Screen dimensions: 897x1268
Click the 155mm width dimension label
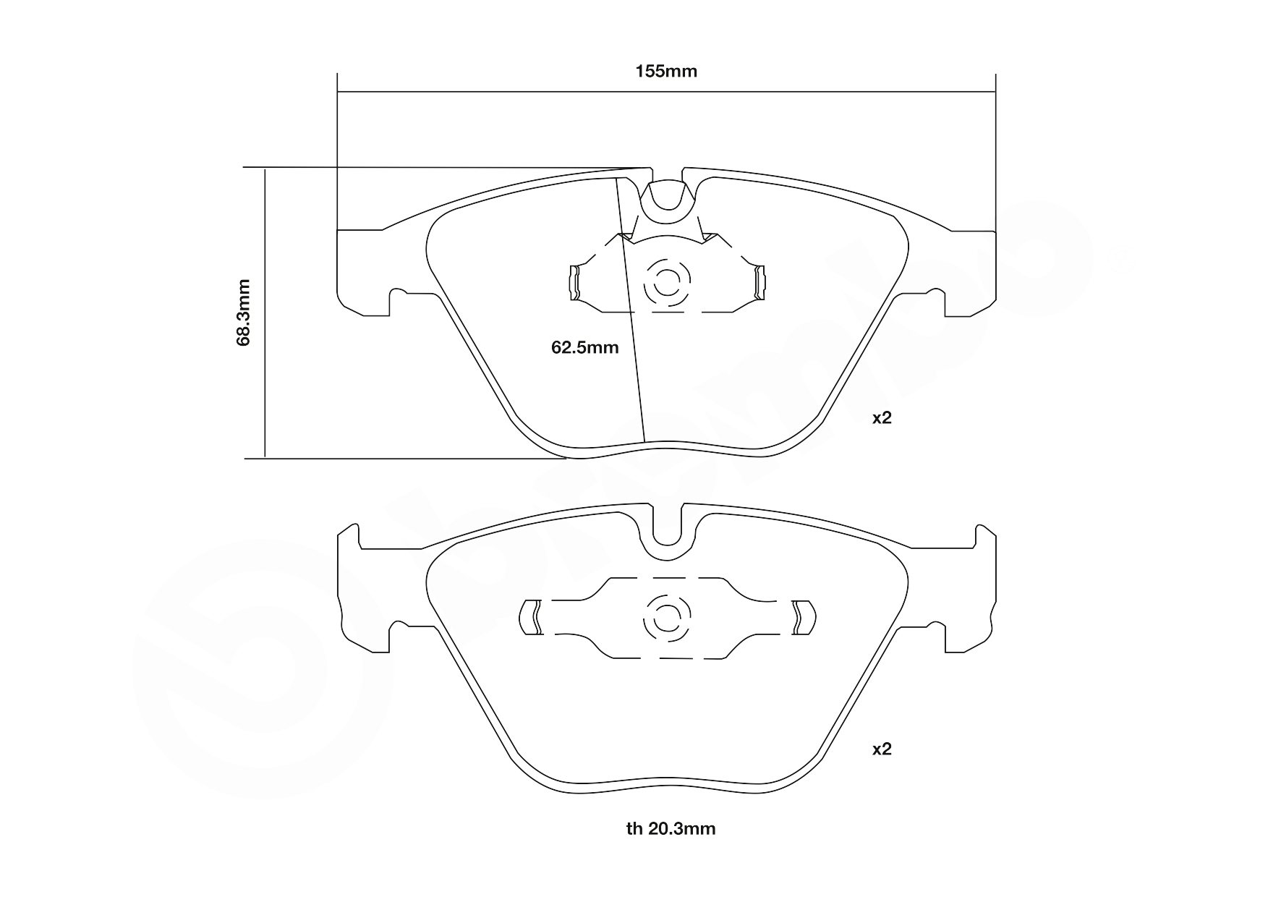[x=665, y=71]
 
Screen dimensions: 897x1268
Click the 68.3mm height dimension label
[x=244, y=312]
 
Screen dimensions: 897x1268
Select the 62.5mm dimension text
[x=584, y=348]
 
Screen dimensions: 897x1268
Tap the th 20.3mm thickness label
[x=671, y=829]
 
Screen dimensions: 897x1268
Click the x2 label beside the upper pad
[x=882, y=418]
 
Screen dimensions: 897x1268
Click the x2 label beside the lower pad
[x=882, y=749]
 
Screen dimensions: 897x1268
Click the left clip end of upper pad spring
[x=575, y=282]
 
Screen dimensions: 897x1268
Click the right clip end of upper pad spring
[x=759, y=282]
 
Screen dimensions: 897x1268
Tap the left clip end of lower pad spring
[x=532, y=618]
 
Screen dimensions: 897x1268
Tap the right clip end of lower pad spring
[x=802, y=618]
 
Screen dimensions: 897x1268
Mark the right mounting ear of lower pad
[x=969, y=593]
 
